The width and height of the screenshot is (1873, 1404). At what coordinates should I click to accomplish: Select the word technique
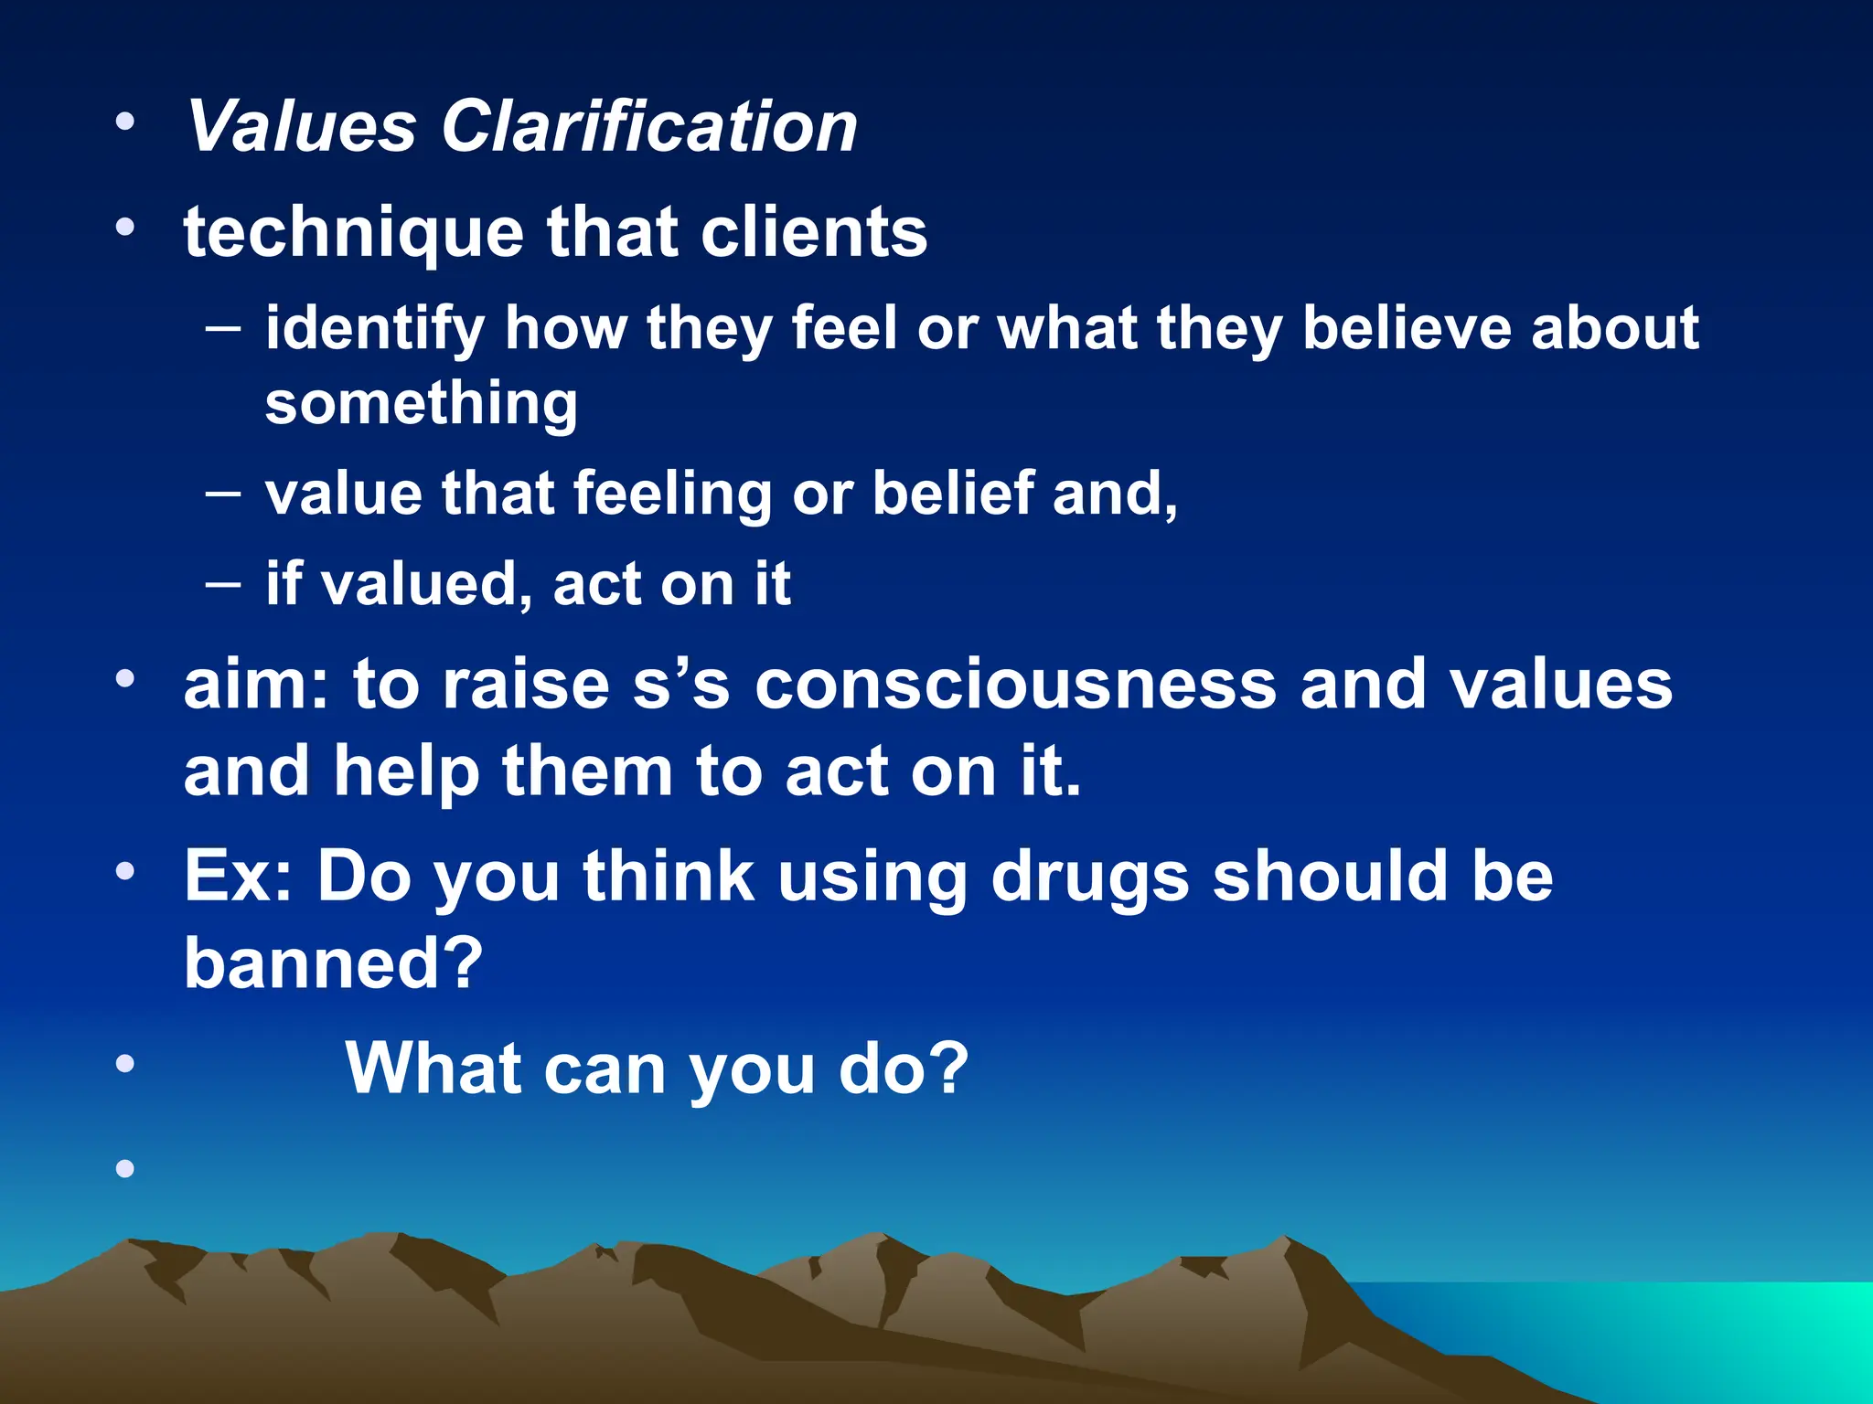(354, 233)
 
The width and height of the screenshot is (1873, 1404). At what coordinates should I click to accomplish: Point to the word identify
(374, 329)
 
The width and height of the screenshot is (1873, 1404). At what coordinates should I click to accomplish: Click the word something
(421, 403)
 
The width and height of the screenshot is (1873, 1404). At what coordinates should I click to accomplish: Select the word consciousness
(1015, 685)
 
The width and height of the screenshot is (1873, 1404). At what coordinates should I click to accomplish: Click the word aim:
(256, 685)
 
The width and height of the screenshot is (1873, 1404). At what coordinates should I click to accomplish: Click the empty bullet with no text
(125, 1167)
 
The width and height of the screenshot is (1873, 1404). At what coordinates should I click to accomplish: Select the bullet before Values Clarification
(125, 121)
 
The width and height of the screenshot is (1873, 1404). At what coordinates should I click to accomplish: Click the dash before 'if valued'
(223, 582)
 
